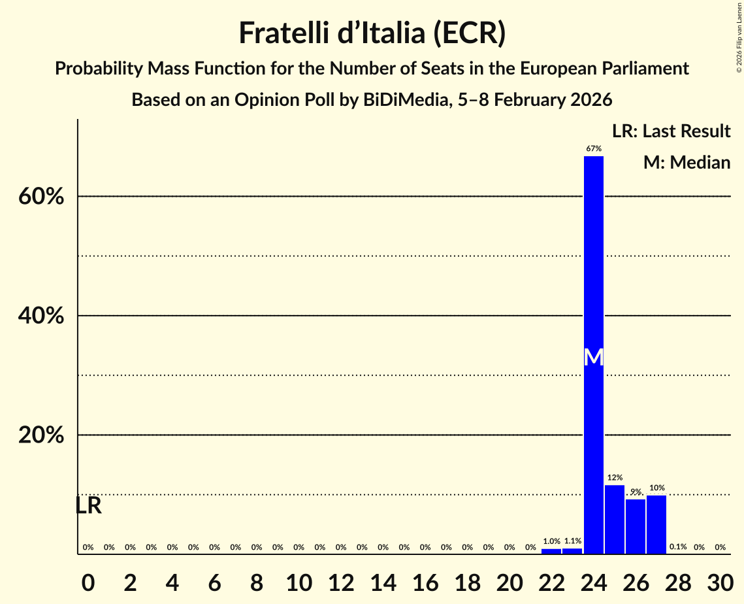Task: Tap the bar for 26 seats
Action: click(636, 526)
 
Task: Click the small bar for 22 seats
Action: click(551, 551)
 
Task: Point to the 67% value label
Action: click(593, 149)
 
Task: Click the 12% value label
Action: click(614, 478)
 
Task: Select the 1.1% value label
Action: click(572, 541)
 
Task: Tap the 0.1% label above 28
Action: click(678, 547)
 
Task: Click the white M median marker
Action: click(593, 357)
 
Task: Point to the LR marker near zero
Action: click(88, 506)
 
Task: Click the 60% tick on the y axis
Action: click(41, 197)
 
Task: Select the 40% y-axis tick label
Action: click(41, 316)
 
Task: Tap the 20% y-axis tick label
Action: click(41, 435)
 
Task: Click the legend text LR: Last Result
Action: click(671, 131)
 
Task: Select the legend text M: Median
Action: click(687, 163)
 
